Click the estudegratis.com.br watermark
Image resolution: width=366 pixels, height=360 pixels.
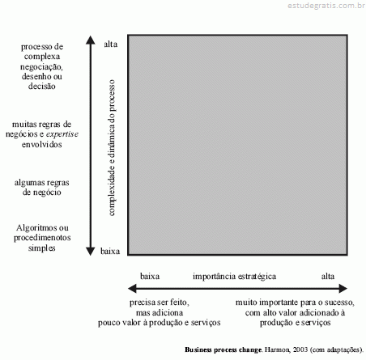tap(326, 6)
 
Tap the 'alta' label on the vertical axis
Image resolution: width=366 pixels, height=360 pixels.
tap(111, 44)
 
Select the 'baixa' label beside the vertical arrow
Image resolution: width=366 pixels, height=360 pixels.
tap(110, 251)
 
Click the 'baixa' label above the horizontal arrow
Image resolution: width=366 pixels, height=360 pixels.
tap(150, 276)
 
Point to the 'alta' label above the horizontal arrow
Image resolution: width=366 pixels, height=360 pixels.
tap(328, 276)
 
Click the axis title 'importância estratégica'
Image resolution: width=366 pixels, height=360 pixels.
tap(234, 277)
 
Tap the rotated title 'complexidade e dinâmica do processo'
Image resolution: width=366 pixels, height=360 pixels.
tap(112, 147)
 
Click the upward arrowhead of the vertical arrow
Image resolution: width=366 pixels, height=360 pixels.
tap(91, 40)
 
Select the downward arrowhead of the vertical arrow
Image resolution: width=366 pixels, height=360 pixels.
tap(91, 252)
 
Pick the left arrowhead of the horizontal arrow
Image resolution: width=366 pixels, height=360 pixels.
tap(132, 288)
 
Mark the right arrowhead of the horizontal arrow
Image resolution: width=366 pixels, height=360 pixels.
tap(343, 288)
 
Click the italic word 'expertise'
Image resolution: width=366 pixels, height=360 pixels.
tap(62, 134)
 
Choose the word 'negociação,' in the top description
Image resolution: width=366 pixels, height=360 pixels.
tap(41, 66)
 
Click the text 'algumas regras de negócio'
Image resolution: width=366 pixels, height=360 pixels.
tap(42, 187)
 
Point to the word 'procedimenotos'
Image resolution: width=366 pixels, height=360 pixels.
tap(42, 238)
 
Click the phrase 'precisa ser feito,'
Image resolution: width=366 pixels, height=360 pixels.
tap(160, 303)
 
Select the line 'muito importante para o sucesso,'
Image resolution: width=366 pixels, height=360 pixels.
tap(295, 303)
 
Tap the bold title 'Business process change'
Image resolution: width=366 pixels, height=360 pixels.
tap(223, 349)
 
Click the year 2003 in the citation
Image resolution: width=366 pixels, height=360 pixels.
tap(300, 349)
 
